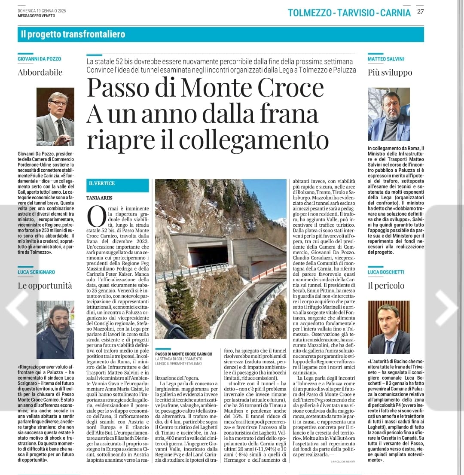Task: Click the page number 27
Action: [420, 12]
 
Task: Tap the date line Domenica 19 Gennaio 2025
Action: [42, 10]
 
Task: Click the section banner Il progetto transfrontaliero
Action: [73, 34]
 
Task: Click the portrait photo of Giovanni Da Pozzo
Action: [55, 117]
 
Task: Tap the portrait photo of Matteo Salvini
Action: [389, 114]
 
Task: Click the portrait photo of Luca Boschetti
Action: [389, 327]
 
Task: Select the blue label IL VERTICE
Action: [102, 183]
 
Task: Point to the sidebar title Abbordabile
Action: [40, 72]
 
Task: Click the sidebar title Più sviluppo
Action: [390, 72]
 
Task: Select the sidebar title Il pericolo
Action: [386, 286]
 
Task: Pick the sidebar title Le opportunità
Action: [45, 286]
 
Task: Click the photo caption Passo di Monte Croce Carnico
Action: [184, 354]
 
